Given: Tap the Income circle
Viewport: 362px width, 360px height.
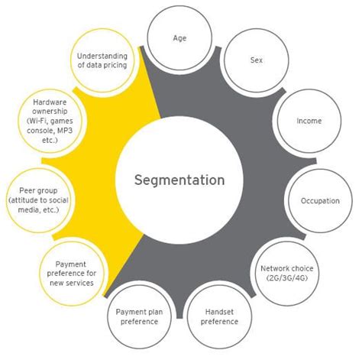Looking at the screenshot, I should pos(308,121).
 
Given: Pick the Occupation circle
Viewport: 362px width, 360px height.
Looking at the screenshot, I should pos(318,200).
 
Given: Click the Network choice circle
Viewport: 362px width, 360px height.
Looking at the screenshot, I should pos(286,274).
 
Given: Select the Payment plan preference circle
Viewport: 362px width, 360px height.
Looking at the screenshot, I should pos(137,316).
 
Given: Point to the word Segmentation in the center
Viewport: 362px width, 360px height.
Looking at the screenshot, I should pos(179,180).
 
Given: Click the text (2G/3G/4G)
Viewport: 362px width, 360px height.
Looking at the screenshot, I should pos(286,279).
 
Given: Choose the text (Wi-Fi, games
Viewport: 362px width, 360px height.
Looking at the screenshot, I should pos(51,121).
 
